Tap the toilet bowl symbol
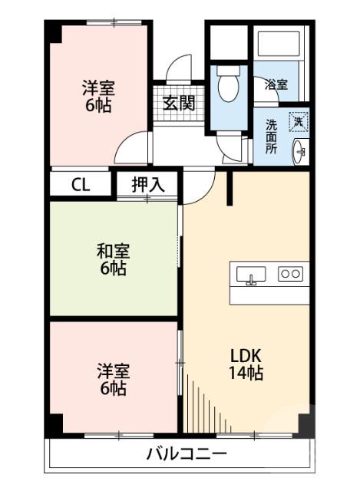(229, 87)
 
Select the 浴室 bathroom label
(276, 84)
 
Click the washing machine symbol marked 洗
(298, 121)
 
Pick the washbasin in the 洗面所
(299, 150)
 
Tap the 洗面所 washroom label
(271, 136)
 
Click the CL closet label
(80, 184)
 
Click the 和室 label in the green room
(113, 250)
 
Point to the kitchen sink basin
(251, 274)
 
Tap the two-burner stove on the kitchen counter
(289, 273)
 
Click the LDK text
(247, 356)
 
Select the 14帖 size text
(247, 374)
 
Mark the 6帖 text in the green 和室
(113, 269)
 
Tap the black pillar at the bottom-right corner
(305, 425)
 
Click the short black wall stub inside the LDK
(229, 188)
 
